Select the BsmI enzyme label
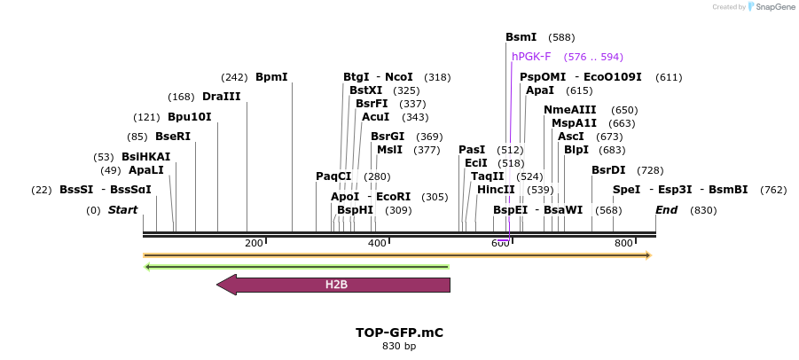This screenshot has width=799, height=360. (x=521, y=37)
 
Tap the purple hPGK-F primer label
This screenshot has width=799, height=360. (x=531, y=57)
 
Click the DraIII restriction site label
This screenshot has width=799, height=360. (x=221, y=97)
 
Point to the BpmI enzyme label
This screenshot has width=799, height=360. (x=271, y=77)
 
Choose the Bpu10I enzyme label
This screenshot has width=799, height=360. (x=189, y=117)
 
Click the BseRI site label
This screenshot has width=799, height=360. (x=173, y=137)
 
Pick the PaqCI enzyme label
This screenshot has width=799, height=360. (x=333, y=176)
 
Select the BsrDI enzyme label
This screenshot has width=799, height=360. (x=608, y=170)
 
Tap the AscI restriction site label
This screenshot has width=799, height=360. (x=570, y=137)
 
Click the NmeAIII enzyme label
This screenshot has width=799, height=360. (x=569, y=110)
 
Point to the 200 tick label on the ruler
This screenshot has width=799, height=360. (x=254, y=243)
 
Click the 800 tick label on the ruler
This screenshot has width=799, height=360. (x=623, y=243)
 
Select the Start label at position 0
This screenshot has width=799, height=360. (x=122, y=210)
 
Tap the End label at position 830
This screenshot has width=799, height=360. (x=666, y=210)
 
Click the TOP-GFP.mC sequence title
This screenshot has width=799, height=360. (x=399, y=333)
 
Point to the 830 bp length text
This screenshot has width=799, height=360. (x=399, y=347)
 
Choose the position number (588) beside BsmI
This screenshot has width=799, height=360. (x=561, y=37)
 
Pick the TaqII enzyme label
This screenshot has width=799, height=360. (x=487, y=176)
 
